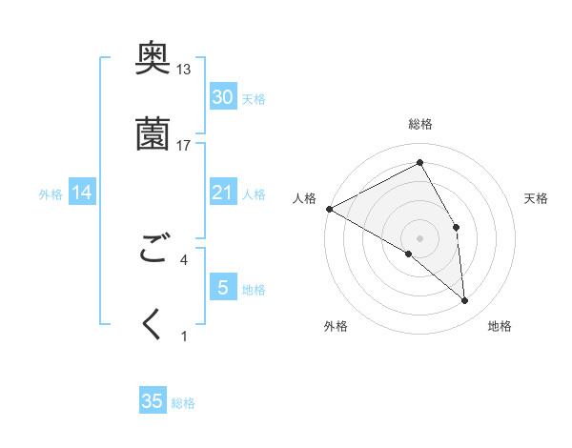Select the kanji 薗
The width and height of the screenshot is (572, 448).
click(x=153, y=135)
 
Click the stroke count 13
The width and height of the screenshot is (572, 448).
click(x=184, y=70)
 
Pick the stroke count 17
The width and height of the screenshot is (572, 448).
click(x=184, y=145)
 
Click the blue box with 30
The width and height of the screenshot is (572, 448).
click(x=223, y=96)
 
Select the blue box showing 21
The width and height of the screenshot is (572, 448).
click(x=223, y=193)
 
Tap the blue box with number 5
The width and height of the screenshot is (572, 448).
click(x=223, y=287)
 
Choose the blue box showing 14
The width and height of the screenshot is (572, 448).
click(x=82, y=193)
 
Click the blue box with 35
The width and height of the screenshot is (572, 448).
click(x=153, y=401)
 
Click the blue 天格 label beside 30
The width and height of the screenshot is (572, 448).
click(x=255, y=99)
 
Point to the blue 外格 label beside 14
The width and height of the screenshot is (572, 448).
click(x=51, y=194)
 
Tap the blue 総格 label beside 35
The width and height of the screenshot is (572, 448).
click(x=184, y=403)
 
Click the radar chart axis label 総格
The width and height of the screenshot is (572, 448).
click(x=420, y=124)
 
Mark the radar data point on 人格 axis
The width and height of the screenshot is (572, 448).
click(x=329, y=209)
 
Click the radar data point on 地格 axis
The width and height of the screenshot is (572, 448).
click(x=465, y=300)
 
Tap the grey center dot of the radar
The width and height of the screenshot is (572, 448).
click(x=420, y=237)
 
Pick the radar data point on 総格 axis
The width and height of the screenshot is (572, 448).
click(x=420, y=163)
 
